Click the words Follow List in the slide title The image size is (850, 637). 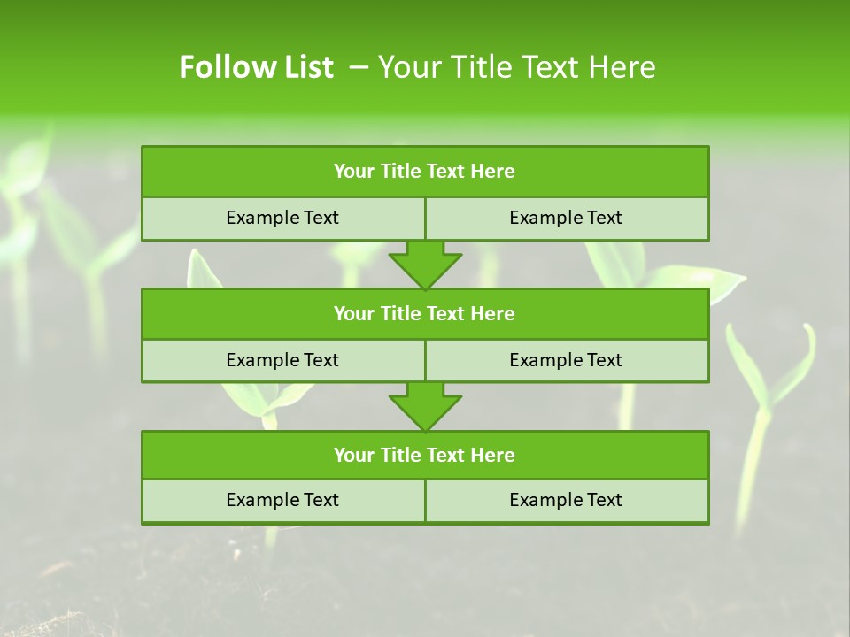pyautogui.click(x=256, y=67)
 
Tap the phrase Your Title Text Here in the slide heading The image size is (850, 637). pyautogui.click(x=516, y=67)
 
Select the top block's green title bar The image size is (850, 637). pyautogui.click(x=425, y=172)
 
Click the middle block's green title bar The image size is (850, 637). pyautogui.click(x=425, y=313)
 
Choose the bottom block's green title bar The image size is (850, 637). pyautogui.click(x=425, y=455)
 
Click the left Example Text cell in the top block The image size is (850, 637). pyautogui.click(x=282, y=218)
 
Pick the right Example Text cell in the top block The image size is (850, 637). pyautogui.click(x=566, y=218)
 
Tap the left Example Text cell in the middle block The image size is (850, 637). pyautogui.click(x=282, y=360)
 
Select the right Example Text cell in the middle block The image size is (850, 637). pyautogui.click(x=566, y=360)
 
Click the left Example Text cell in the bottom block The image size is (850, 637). pyautogui.click(x=282, y=500)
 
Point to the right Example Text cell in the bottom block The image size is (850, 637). pyautogui.click(x=566, y=500)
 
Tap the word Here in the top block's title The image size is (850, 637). pyautogui.click(x=493, y=172)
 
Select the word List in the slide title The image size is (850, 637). pyautogui.click(x=305, y=67)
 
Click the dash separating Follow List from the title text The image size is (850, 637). pyautogui.click(x=359, y=67)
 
